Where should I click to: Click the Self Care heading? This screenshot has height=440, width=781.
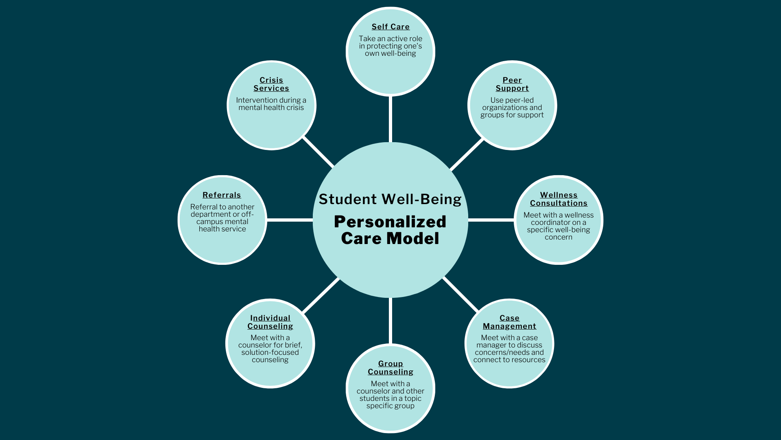pos(390,27)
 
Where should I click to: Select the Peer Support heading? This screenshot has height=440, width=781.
pos(512,84)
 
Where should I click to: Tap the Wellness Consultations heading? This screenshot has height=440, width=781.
pos(558,199)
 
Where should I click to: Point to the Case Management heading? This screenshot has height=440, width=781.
pos(509,322)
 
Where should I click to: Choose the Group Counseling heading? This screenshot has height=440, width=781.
pos(390,368)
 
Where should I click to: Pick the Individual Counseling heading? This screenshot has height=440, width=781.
pos(270,322)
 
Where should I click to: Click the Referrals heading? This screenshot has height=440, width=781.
pos(222,195)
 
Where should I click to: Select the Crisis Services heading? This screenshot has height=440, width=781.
pos(271,84)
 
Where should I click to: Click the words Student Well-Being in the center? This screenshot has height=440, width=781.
pos(390,199)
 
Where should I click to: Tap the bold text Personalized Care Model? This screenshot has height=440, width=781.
pos(390,230)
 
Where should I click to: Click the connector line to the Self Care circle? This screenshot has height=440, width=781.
pos(390,119)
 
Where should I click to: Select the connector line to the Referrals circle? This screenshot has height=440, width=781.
pos(290,220)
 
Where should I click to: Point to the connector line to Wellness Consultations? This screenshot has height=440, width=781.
pos(491,220)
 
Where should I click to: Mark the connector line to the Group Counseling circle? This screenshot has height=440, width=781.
pos(390,321)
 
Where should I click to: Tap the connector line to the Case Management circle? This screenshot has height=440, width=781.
pos(461,295)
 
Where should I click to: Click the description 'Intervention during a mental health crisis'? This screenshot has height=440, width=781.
pos(271,104)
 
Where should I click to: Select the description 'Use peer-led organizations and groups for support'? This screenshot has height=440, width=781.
pos(512,108)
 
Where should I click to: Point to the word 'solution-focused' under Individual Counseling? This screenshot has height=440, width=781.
pos(270,352)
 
